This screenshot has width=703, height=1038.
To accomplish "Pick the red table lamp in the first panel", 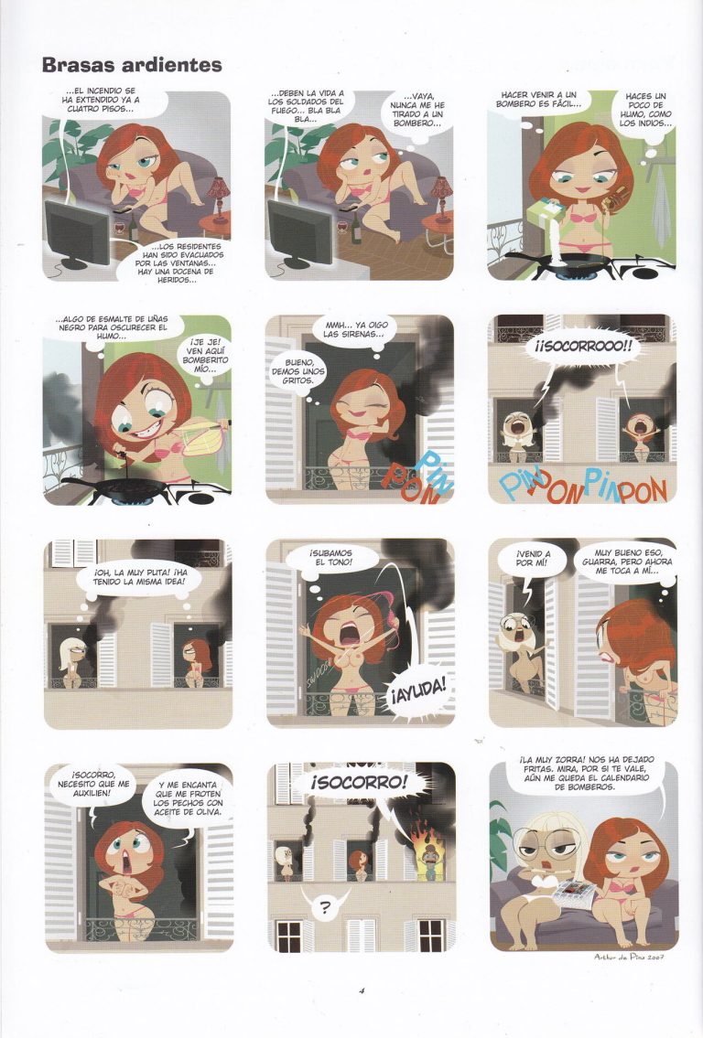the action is click(217, 193).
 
